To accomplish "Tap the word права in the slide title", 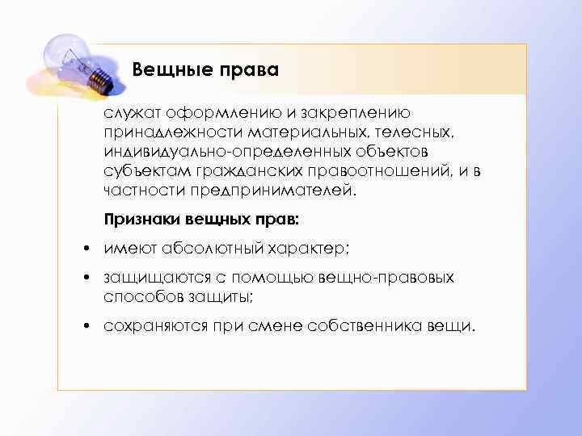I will [249, 70].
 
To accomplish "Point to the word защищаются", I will [146, 278].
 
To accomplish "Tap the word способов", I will [135, 296].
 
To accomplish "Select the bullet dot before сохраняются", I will [84, 327].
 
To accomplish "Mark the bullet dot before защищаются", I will [84, 279].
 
